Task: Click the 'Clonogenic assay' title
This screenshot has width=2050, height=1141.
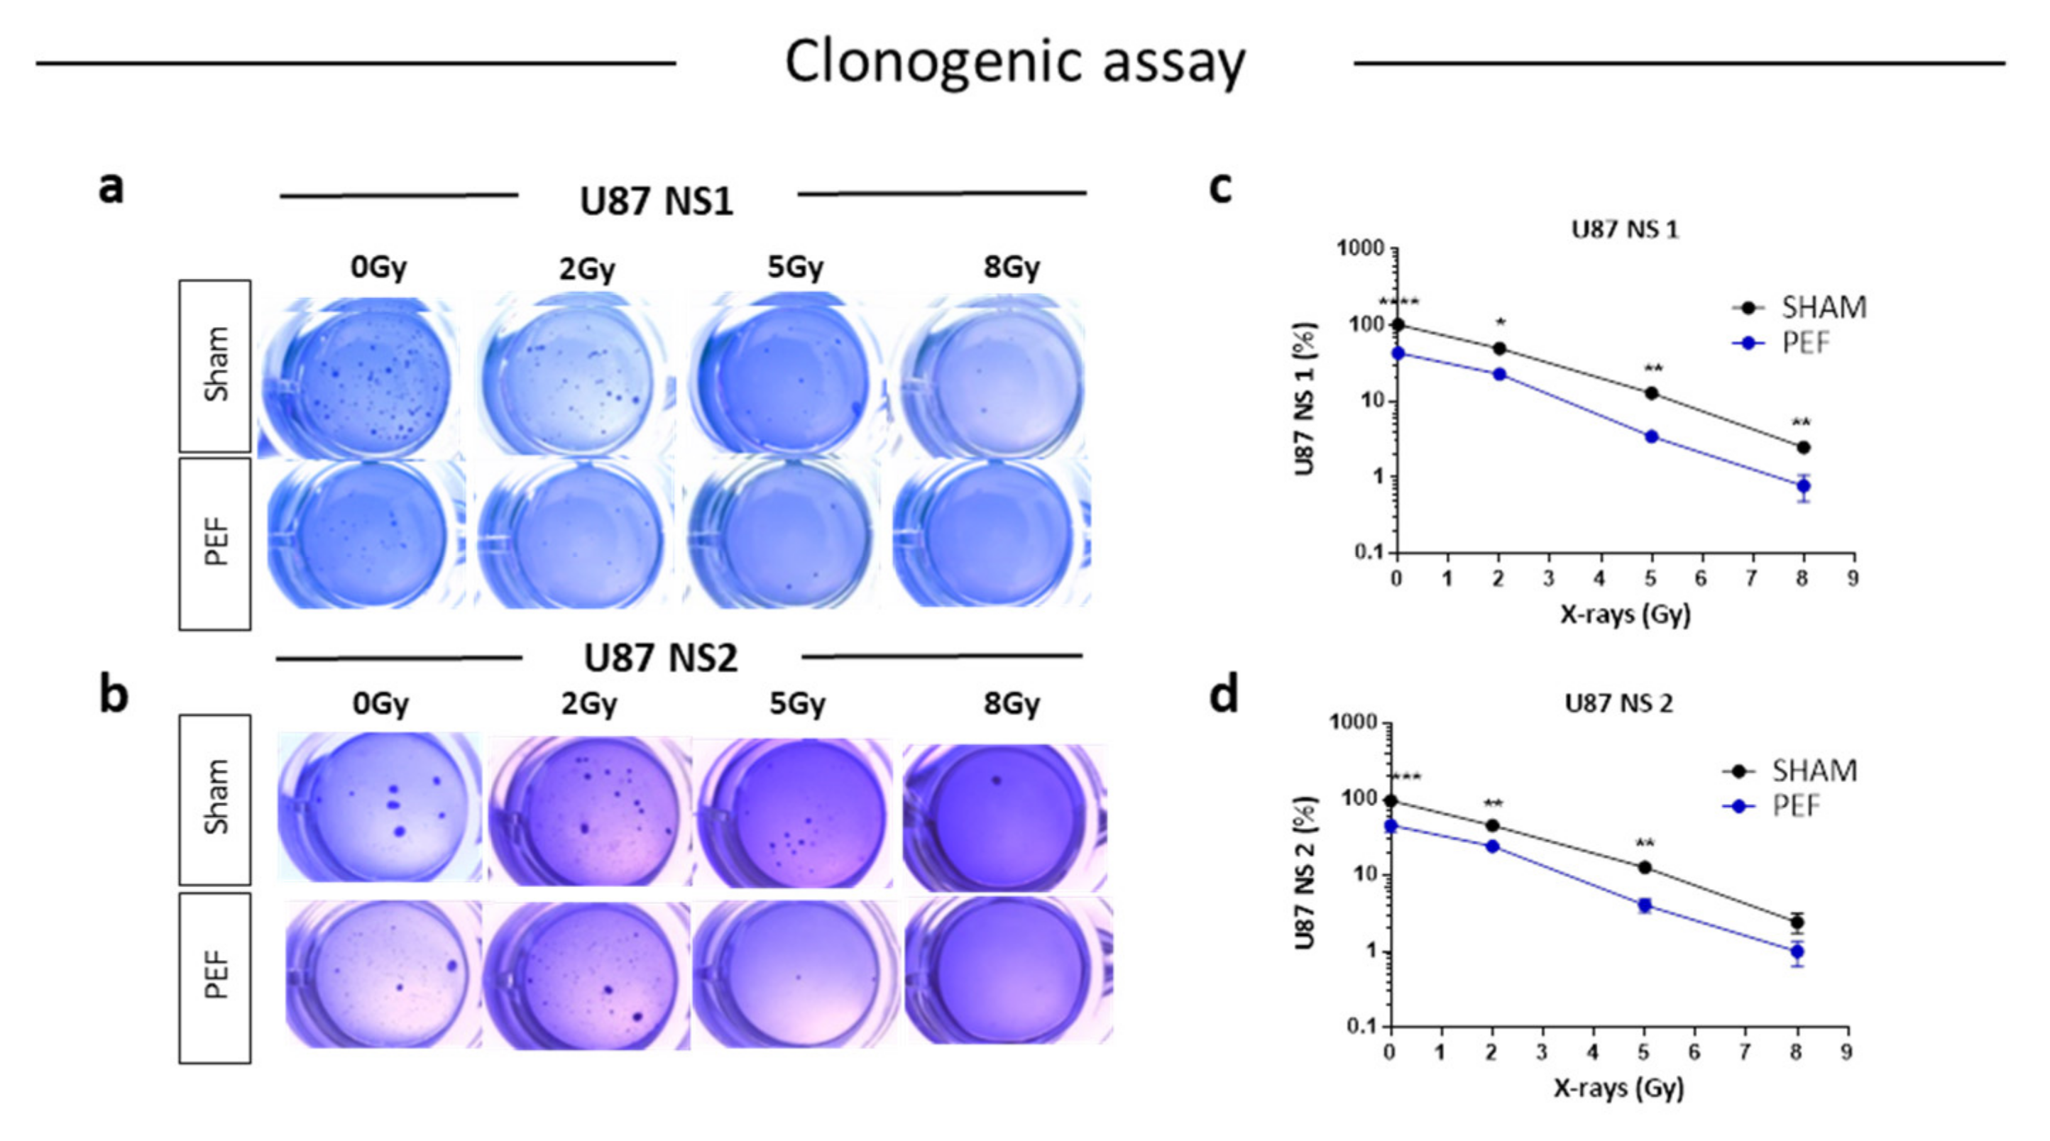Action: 1014,62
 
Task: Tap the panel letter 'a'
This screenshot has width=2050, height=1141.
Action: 111,188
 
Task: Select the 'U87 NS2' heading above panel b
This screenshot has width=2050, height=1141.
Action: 661,658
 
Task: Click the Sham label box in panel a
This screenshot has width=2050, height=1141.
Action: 215,366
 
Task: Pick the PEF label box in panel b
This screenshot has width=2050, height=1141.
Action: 215,977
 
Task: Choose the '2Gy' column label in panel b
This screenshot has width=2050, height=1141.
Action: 589,704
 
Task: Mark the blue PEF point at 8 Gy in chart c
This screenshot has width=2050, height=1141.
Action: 1803,485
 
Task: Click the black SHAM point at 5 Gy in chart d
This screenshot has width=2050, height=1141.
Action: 1644,867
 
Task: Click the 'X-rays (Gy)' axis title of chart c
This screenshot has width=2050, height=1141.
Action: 1625,614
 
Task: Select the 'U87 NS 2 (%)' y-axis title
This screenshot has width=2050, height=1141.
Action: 1305,873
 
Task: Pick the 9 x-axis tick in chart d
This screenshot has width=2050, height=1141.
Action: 1846,1052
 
